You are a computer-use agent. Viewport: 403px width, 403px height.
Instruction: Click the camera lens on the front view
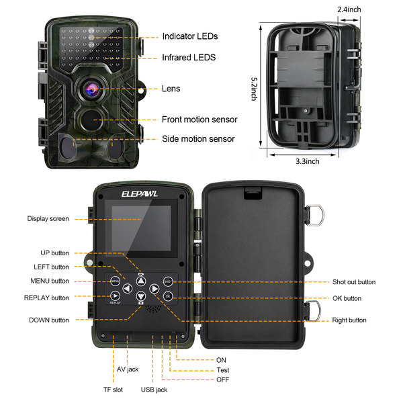coord(91,89)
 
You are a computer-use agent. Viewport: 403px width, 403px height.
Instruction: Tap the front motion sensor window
coord(92,120)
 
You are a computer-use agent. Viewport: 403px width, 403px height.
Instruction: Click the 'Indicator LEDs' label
coord(190,36)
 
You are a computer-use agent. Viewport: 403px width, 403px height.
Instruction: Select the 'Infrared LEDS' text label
coord(189,57)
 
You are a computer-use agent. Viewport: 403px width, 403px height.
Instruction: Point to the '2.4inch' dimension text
coord(349,9)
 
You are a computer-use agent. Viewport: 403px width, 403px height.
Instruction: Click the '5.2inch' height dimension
coord(254,89)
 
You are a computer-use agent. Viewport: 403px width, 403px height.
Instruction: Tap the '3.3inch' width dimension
coord(308,161)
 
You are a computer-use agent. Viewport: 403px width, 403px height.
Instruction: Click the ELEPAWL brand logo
coord(140,194)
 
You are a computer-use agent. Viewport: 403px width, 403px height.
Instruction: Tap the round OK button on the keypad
coord(168,296)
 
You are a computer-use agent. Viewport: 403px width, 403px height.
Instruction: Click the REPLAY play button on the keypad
coord(115,296)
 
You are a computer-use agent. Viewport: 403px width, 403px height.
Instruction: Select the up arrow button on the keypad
coord(141,281)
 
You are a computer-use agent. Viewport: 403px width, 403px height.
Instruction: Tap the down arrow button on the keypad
coord(141,296)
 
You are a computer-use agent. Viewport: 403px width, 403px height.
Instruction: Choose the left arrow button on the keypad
coord(127,289)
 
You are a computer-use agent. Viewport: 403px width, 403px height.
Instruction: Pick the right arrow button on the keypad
coord(154,289)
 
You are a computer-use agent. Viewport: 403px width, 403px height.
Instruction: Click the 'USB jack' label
coord(154,390)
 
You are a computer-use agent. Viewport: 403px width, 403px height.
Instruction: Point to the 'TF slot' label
coord(113,390)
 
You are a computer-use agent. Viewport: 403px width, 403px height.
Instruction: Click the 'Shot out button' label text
coord(354,282)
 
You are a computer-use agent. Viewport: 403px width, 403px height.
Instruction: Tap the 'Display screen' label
coord(48,219)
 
